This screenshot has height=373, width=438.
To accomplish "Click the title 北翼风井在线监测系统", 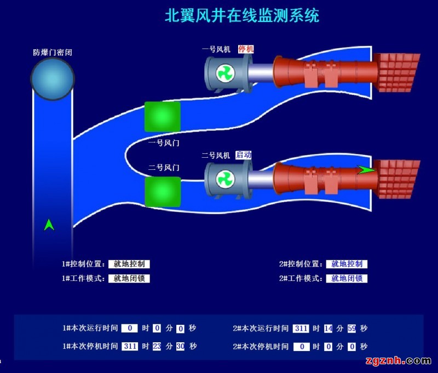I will click(242, 15).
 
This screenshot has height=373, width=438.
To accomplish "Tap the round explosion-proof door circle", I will click(52, 79).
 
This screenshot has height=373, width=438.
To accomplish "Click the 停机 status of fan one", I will click(246, 49).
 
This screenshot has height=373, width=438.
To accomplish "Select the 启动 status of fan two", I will click(244, 155).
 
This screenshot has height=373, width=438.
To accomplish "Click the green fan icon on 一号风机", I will click(224, 74).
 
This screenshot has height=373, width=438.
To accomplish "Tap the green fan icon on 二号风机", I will click(224, 179).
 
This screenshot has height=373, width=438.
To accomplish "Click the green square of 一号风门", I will click(162, 117).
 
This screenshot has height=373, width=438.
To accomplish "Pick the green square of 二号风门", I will click(162, 191).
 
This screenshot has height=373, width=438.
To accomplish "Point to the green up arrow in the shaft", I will click(49, 224).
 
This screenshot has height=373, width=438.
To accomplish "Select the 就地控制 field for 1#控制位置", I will click(129, 264).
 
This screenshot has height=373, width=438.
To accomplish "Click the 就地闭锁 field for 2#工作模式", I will click(347, 278).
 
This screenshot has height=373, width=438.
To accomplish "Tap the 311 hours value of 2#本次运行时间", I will click(301, 329).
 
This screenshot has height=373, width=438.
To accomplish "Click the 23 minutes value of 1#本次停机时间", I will click(157, 346).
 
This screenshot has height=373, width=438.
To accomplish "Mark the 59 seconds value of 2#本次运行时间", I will click(351, 329).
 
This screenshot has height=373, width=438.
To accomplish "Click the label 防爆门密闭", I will click(53, 53).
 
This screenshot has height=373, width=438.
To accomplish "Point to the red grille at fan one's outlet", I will click(399, 72).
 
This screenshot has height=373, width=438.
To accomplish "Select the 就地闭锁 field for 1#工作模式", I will click(129, 278).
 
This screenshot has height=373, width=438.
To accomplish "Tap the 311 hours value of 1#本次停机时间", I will click(129, 346).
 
